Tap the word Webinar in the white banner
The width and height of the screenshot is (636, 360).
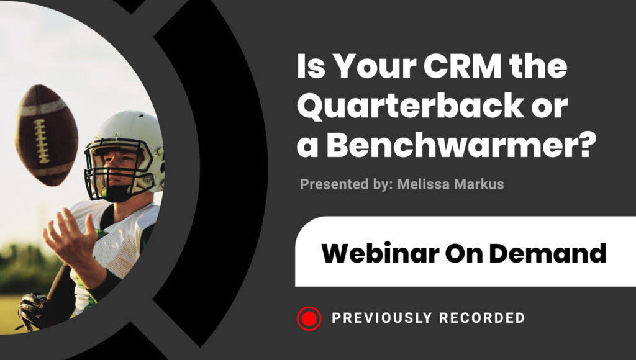coord(380,253)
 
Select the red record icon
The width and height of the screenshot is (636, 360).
coord(309,318)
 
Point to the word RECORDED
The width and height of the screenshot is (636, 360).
coord(482,318)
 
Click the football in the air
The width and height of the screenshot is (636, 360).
coord(46,135)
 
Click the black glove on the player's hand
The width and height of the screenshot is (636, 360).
coord(32,310)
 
